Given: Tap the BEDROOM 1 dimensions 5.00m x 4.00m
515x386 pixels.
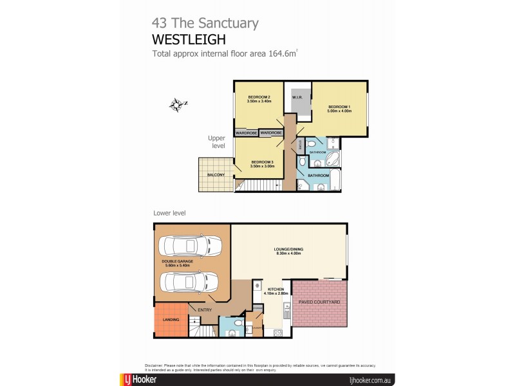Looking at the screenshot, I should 339,112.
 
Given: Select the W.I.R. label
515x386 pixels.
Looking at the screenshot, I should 297,98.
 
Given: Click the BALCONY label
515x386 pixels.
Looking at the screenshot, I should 216,175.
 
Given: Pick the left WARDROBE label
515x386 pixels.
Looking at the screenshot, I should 247,133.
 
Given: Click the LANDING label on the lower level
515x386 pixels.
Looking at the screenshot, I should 171,320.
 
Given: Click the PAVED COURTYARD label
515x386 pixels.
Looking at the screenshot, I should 319,302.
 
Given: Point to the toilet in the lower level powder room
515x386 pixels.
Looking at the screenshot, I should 238,322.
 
